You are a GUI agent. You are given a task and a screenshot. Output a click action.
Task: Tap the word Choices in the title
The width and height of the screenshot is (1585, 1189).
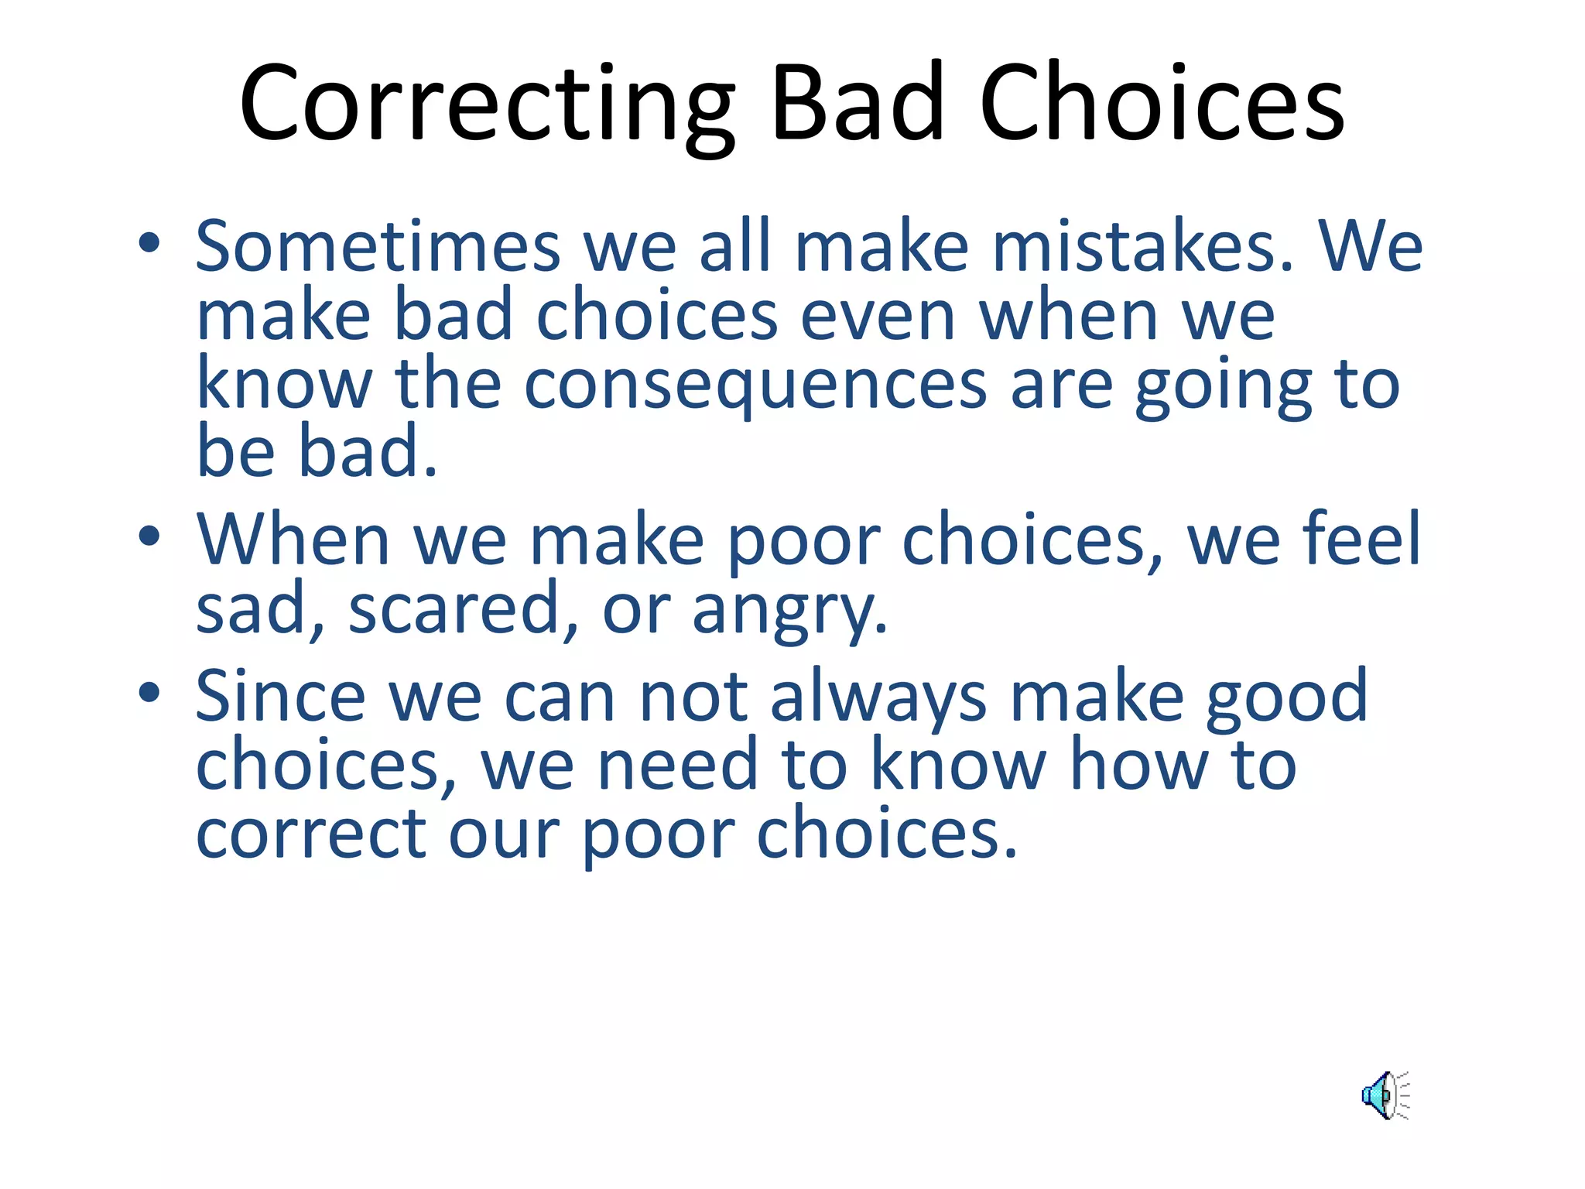(x=1161, y=105)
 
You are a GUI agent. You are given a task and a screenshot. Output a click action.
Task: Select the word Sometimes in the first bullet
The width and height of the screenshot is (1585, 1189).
(x=378, y=246)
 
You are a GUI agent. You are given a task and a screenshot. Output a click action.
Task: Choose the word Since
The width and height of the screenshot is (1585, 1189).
(x=279, y=697)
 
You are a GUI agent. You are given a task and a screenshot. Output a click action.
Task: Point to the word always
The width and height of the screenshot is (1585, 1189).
(x=878, y=697)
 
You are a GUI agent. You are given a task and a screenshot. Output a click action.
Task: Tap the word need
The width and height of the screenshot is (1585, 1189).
(x=677, y=765)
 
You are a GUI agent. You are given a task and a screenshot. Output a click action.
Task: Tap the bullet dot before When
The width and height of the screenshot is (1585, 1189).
(x=149, y=536)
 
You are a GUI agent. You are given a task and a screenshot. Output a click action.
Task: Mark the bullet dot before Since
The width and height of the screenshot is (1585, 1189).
(x=149, y=693)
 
